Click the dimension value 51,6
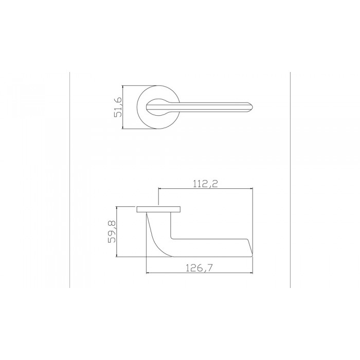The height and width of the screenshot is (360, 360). [117, 107]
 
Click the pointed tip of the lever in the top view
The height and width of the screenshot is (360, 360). [254, 107]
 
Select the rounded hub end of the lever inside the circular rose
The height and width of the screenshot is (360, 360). [152, 107]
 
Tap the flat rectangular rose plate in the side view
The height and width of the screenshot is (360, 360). [158, 209]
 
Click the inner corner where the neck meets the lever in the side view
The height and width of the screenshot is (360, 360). [171, 239]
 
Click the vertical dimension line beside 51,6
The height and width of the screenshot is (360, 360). [124, 107]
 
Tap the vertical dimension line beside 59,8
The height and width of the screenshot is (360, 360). [118, 232]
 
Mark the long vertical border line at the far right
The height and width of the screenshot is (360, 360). [291, 180]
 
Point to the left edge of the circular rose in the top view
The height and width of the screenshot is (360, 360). [138, 107]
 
